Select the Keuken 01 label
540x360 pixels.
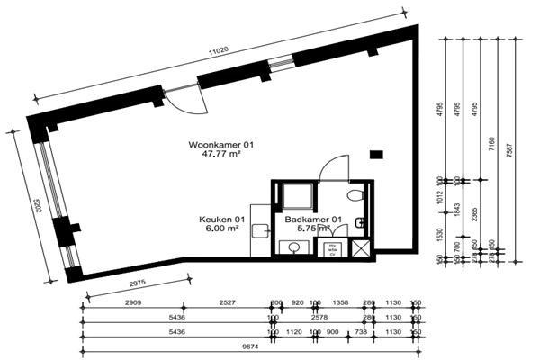[x=222, y=220]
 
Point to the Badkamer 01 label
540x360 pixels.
[x=314, y=220]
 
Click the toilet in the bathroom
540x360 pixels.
[x=355, y=195]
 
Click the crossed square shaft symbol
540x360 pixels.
[x=361, y=249]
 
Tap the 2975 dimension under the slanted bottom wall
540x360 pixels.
[x=130, y=283]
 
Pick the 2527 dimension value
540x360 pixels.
[x=229, y=303]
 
